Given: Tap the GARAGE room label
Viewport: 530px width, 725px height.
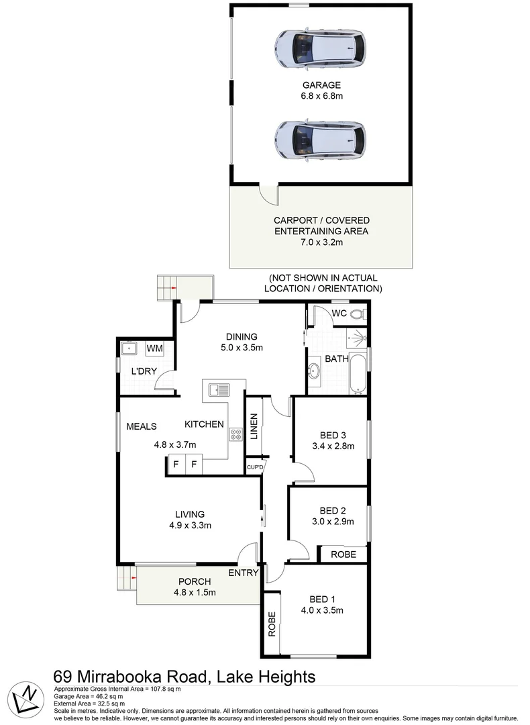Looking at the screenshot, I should click(x=321, y=85).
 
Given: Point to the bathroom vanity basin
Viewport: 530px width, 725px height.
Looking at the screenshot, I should click(x=314, y=369).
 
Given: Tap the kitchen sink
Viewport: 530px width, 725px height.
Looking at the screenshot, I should click(x=219, y=389).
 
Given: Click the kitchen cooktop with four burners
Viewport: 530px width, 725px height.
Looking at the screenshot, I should click(x=236, y=434).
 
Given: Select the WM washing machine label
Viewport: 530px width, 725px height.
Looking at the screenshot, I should click(x=154, y=348).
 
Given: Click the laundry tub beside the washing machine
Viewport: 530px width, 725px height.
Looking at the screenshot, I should click(x=128, y=348).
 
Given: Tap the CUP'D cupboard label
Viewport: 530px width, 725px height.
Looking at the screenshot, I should click(x=255, y=467).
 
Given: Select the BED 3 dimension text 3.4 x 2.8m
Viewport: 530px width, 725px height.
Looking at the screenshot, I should click(x=332, y=445).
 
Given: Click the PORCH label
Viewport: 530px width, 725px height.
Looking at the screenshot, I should click(x=195, y=581).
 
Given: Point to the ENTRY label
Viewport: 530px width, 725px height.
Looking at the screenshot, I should click(x=243, y=573).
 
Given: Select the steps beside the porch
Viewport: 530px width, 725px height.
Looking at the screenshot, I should click(x=125, y=576).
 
